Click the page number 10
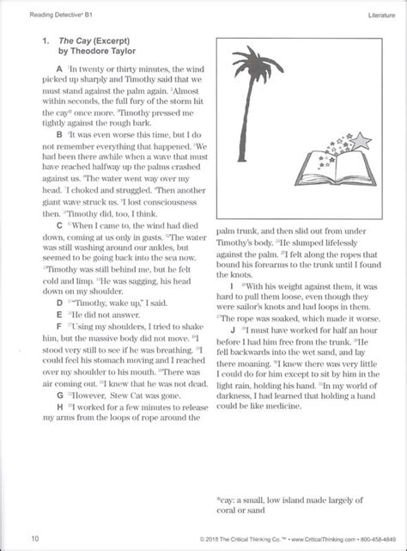point(34,538)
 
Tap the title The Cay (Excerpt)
point(92,40)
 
